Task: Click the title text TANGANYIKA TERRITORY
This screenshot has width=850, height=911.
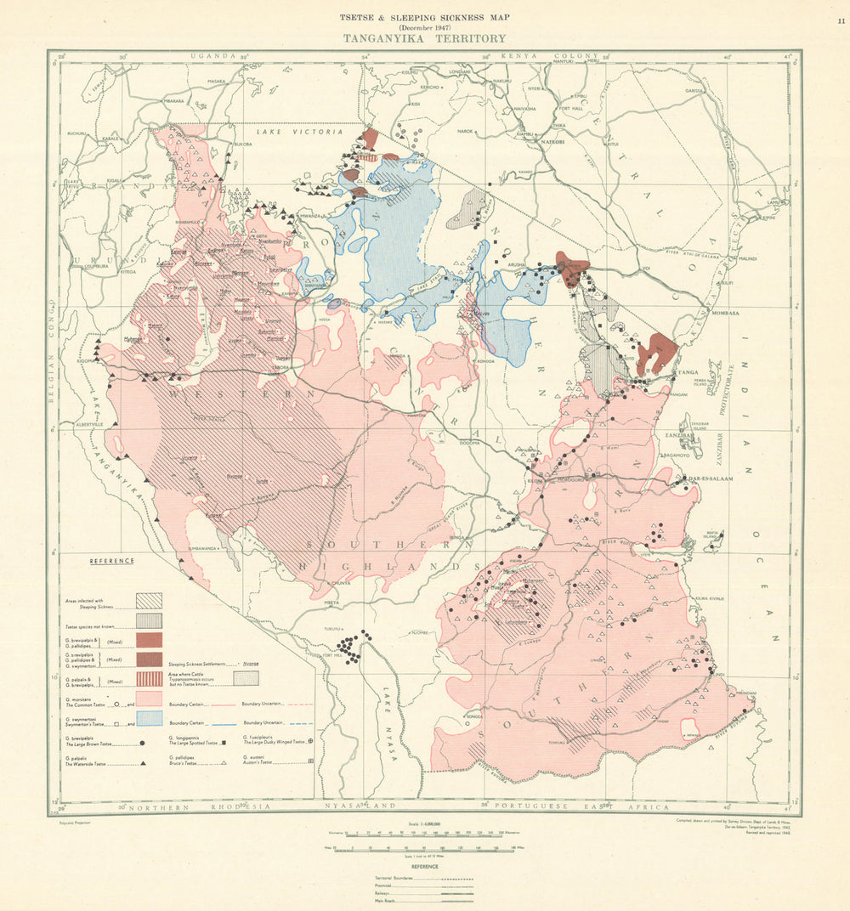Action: pyautogui.click(x=424, y=38)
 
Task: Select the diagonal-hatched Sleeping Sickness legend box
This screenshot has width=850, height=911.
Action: pyautogui.click(x=149, y=600)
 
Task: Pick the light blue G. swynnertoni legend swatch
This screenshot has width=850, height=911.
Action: pyautogui.click(x=149, y=718)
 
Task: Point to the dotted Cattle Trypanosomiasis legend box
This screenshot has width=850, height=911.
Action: pyautogui.click(x=246, y=678)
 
